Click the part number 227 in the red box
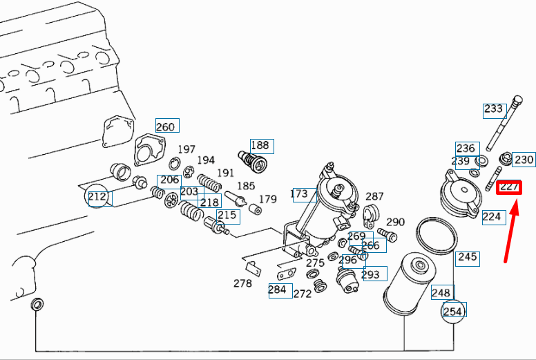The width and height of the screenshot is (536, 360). click(x=509, y=187)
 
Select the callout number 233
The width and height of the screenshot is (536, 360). click(x=493, y=109)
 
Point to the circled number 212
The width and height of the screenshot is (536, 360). click(x=97, y=196)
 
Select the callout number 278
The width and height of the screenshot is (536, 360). click(x=242, y=283)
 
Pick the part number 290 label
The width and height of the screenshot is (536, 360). click(x=396, y=222)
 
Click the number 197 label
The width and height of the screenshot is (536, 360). click(x=186, y=149)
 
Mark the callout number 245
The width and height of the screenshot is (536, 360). click(x=468, y=257)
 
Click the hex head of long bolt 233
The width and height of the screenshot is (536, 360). click(x=517, y=100)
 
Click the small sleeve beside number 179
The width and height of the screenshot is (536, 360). click(x=255, y=209)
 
